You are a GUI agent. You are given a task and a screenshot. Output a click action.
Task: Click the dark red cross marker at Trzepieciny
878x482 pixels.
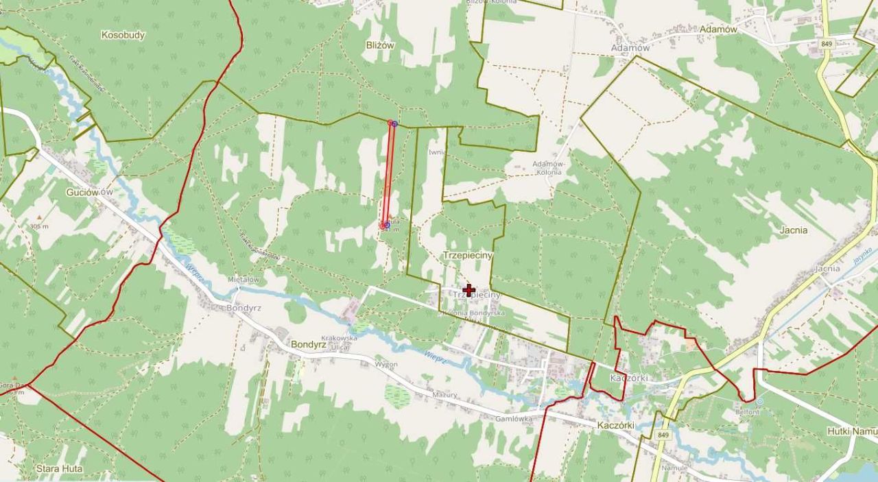click(x=468, y=290)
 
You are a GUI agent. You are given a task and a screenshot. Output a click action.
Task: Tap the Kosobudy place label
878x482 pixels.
click(x=123, y=35)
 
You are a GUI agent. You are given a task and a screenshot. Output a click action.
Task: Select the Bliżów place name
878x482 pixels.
click(x=380, y=45)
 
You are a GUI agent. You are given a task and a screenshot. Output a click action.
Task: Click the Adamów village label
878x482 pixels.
click(x=717, y=29)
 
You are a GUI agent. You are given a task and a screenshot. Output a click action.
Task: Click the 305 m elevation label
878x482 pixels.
click(x=39, y=226)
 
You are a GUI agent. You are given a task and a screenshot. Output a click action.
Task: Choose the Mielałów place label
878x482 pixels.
click(x=244, y=280)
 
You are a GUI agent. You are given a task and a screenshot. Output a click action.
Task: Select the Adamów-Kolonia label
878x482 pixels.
click(x=547, y=168)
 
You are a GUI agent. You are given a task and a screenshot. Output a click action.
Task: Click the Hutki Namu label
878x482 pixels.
click(x=853, y=431)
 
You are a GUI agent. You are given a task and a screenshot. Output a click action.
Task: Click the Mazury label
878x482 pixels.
click(x=444, y=395)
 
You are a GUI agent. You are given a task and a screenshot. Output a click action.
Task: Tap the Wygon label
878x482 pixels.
click(x=386, y=364)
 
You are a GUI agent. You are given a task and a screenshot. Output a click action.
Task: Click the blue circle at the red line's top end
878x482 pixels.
click(x=394, y=124)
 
